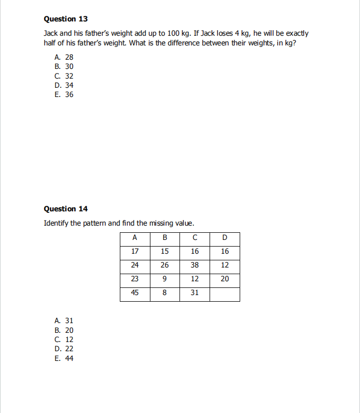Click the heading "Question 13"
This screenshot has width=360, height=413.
coord(66,19)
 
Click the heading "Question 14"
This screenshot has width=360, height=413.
coord(66,209)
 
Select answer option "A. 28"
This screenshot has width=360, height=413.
coord(64,57)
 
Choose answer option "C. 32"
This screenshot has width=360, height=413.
coord(64,76)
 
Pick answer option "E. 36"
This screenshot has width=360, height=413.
coord(64,94)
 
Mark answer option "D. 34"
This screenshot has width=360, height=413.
coord(64,85)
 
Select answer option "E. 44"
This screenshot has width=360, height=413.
coord(64,358)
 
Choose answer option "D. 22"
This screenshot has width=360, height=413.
coord(64,349)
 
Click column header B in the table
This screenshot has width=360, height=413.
coord(164,237)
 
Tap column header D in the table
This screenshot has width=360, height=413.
coord(225,237)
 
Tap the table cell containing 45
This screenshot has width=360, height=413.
coord(135,293)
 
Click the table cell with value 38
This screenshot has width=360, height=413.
coord(195,265)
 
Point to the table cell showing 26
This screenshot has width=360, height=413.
coord(164,265)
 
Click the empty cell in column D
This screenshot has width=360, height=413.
coord(225,294)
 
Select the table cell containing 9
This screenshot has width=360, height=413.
coord(164,279)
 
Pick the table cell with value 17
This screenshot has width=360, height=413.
coord(135,251)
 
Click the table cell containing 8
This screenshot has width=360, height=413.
coord(164,293)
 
